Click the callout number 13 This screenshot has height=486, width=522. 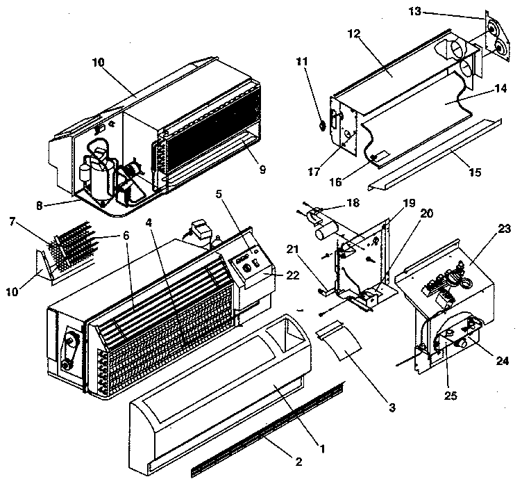point(432,12)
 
